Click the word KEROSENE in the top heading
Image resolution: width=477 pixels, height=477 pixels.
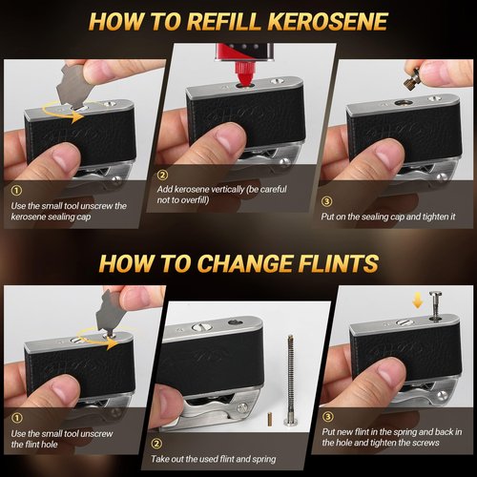328,22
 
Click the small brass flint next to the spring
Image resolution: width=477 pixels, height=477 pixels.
270,419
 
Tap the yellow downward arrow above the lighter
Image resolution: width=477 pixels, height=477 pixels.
418,301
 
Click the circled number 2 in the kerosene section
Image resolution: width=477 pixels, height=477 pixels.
162,175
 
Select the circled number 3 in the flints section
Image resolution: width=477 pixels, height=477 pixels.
328,417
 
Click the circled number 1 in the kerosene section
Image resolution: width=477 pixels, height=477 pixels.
16,191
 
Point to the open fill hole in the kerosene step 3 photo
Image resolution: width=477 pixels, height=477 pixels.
404,102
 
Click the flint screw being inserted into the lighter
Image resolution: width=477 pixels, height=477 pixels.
435,305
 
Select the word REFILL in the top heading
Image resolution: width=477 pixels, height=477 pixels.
225,22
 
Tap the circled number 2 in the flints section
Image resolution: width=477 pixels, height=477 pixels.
156,444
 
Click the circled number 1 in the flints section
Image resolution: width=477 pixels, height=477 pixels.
16,418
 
